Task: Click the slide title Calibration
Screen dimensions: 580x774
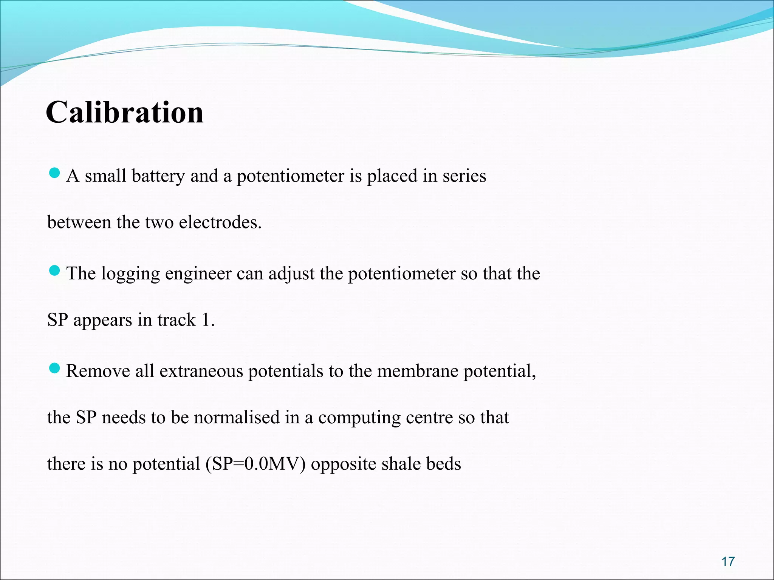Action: pos(125,113)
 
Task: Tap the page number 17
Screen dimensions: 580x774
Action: pos(728,561)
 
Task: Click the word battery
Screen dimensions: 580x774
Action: pos(158,176)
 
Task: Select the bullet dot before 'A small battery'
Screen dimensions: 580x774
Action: pos(55,173)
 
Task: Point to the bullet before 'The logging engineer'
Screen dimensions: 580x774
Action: pos(55,271)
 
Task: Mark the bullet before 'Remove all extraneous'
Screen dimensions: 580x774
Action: pos(55,368)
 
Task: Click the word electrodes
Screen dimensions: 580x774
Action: pos(220,222)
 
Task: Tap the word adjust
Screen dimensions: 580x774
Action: pos(291,274)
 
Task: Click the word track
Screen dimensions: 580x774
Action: pos(176,320)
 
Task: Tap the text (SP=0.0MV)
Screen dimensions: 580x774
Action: pos(255,464)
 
